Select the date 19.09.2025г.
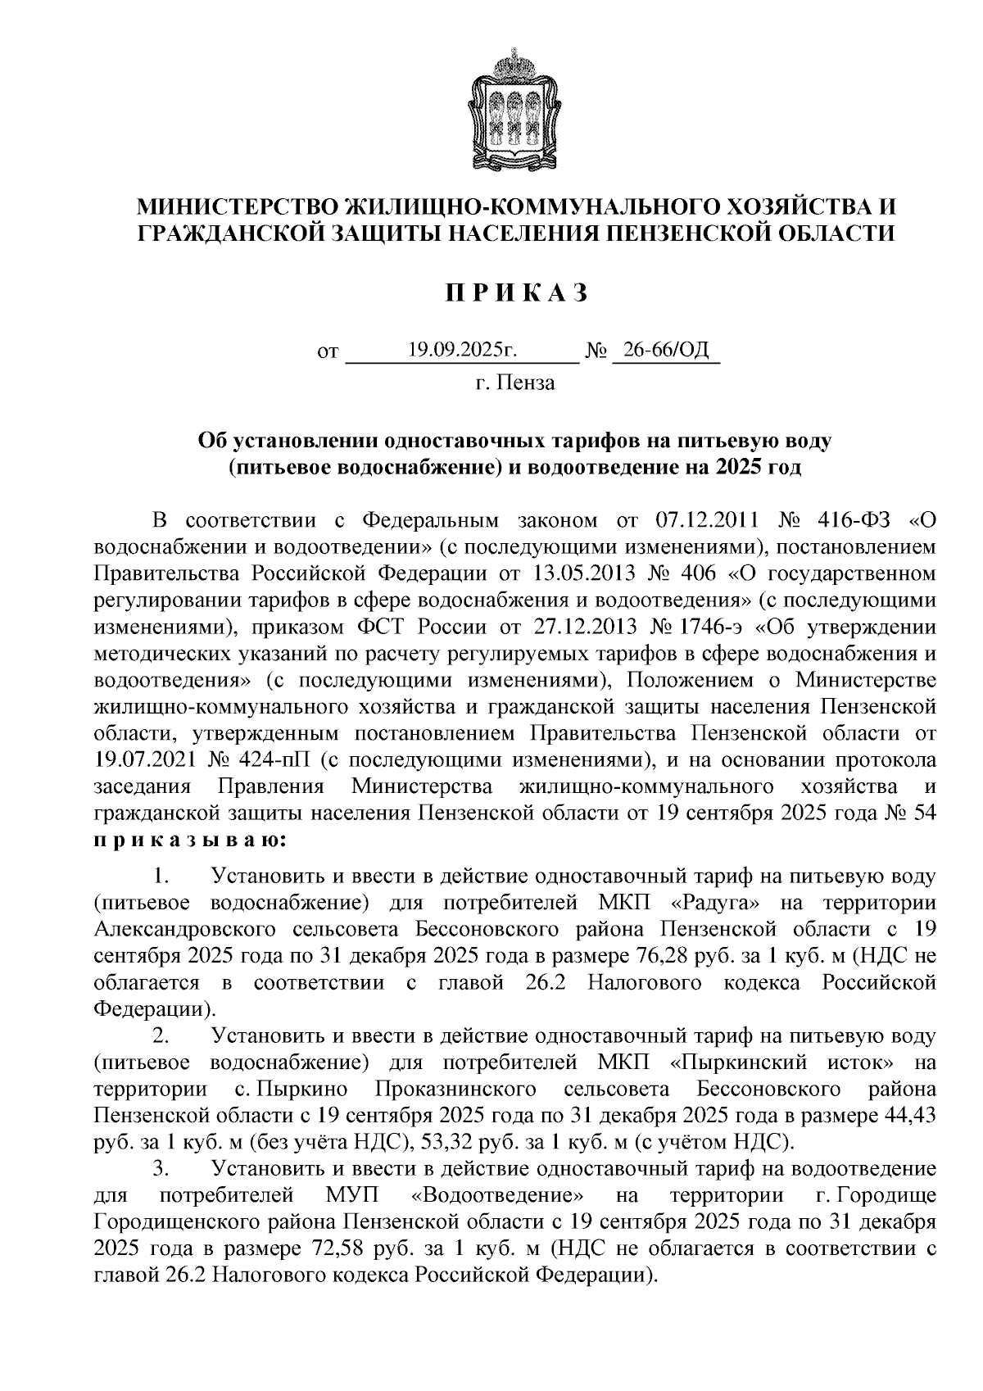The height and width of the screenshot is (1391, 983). pyautogui.click(x=463, y=351)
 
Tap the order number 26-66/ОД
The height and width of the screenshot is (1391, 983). pyautogui.click(x=665, y=351)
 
